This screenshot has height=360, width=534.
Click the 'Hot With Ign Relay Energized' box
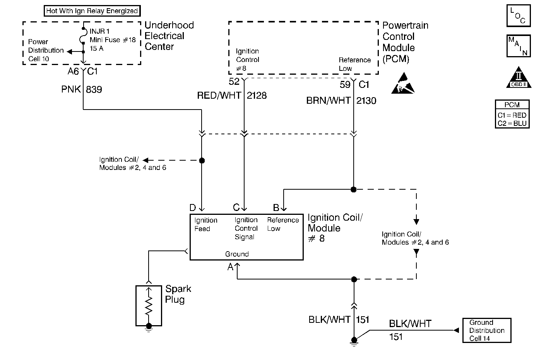[92, 11]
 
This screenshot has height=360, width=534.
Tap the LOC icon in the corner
[518, 16]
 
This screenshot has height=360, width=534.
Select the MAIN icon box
[518, 46]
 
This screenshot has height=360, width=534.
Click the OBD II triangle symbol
[518, 79]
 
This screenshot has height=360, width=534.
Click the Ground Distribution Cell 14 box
[486, 331]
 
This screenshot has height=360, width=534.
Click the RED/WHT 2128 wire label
[231, 96]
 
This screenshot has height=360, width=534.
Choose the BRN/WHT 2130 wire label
[341, 101]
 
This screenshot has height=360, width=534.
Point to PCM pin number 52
[234, 82]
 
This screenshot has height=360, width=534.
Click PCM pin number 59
[345, 84]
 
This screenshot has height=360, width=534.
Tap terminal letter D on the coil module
[193, 208]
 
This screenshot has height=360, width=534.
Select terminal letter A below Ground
[230, 267]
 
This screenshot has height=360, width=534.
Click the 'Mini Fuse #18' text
[113, 40]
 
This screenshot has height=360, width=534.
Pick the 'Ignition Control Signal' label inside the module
[246, 228]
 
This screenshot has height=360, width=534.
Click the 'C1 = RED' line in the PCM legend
[512, 115]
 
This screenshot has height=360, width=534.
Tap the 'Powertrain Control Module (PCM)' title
[405, 42]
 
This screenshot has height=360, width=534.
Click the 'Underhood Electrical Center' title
[169, 36]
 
